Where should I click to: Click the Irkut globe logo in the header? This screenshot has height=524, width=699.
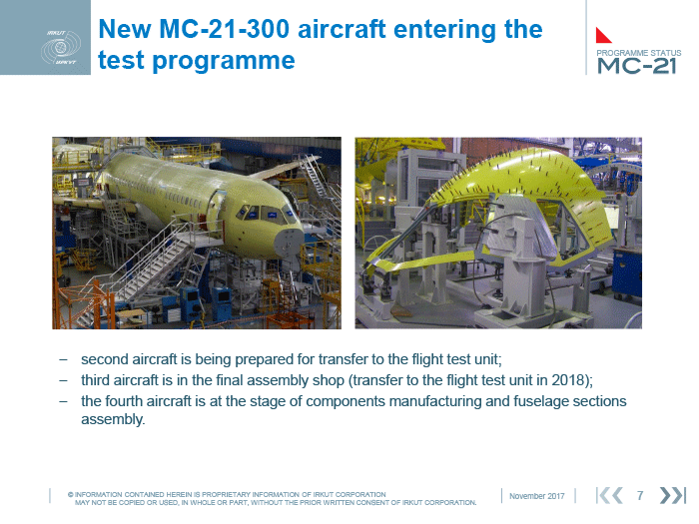pyautogui.click(x=61, y=47)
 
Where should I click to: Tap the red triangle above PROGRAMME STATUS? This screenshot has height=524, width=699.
pyautogui.click(x=603, y=36)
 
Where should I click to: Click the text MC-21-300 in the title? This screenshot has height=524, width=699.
pyautogui.click(x=225, y=29)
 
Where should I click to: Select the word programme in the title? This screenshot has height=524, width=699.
pyautogui.click(x=224, y=61)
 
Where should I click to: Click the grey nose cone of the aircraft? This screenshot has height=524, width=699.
pyautogui.click(x=288, y=244)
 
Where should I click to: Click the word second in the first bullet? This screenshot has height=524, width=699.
pyautogui.click(x=105, y=359)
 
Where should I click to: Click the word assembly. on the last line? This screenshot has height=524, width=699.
pyautogui.click(x=113, y=420)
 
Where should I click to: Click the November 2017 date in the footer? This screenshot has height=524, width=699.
pyautogui.click(x=537, y=496)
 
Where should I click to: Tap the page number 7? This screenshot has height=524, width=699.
pyautogui.click(x=640, y=495)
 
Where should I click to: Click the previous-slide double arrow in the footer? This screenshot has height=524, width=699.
pyautogui.click(x=609, y=495)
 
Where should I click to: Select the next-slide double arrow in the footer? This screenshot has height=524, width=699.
pyautogui.click(x=672, y=495)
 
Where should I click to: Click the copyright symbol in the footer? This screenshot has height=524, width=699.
pyautogui.click(x=71, y=495)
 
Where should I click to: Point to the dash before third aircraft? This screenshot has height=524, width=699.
pyautogui.click(x=64, y=381)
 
